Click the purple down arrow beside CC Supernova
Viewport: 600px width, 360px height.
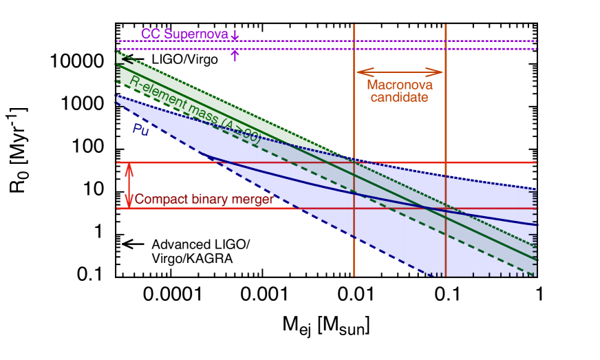tap(235, 34)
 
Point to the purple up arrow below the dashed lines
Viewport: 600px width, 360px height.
tap(235, 55)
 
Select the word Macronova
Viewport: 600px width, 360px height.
tap(399, 85)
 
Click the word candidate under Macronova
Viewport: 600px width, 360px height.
tap(399, 98)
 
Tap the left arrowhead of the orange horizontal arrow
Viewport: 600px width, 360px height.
tap(359, 71)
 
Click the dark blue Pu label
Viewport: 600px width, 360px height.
tap(140, 129)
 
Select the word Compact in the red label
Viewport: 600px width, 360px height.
tap(158, 200)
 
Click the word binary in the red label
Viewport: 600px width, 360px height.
tap(206, 200)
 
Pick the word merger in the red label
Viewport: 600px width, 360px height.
tap(253, 200)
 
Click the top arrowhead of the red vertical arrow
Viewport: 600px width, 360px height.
tap(128, 166)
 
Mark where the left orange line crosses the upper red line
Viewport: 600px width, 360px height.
tap(354, 162)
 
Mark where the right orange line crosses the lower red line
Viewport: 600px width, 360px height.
tap(446, 208)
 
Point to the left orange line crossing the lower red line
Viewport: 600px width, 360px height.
tap(354, 208)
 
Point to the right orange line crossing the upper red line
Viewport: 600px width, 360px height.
tap(446, 162)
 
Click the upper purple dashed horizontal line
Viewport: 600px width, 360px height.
tap(310, 41)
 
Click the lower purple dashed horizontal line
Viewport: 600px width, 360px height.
tap(310, 49)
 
